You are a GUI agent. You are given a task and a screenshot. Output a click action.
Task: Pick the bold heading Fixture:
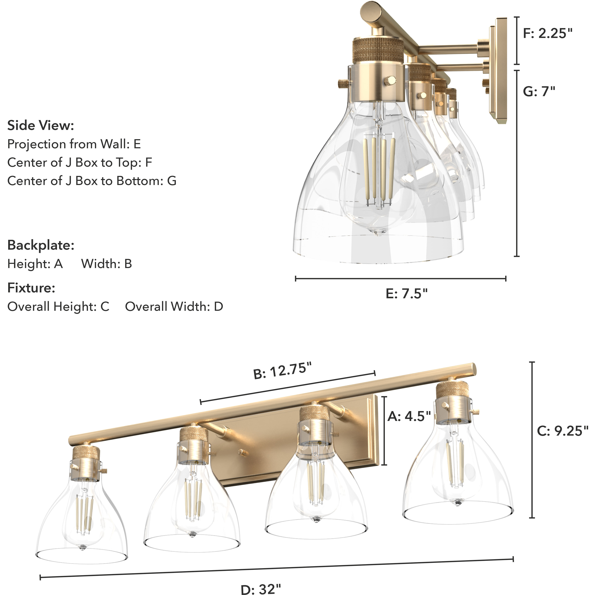(31, 288)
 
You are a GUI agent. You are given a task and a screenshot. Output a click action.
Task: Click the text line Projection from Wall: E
(74, 144)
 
